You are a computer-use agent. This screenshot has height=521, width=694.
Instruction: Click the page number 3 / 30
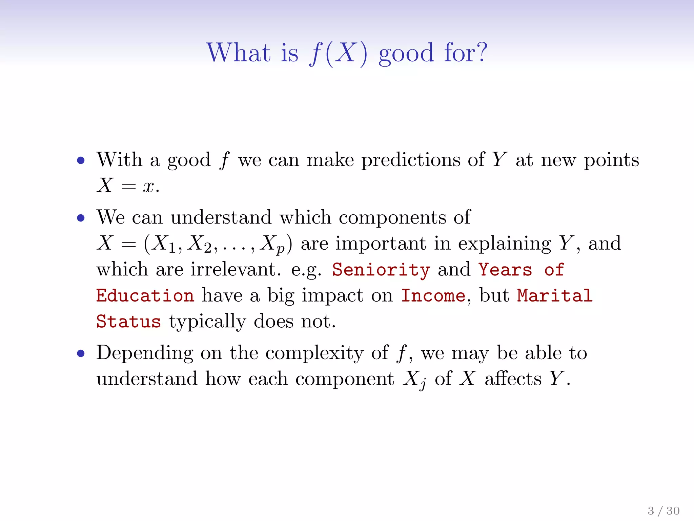[663, 510]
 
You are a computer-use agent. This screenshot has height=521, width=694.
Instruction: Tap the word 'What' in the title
[239, 53]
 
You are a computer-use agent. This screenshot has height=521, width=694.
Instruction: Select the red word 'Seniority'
[381, 270]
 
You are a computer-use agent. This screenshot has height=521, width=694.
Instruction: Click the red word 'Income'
[433, 296]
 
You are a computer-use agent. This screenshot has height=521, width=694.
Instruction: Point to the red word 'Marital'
[555, 296]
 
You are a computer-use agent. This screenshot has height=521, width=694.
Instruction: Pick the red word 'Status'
[128, 322]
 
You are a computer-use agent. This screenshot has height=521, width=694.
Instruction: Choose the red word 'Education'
[145, 296]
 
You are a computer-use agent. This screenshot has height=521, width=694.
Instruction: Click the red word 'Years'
[505, 270]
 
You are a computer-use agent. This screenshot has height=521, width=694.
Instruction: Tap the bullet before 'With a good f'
[81, 160]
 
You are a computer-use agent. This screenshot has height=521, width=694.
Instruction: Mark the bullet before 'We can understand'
[81, 218]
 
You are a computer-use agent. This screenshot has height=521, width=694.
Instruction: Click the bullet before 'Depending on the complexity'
[81, 354]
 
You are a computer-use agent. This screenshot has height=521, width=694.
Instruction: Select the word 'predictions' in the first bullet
[410, 160]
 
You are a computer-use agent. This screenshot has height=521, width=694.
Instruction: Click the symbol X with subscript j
[414, 380]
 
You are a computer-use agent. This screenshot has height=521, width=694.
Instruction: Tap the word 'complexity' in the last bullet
[314, 354]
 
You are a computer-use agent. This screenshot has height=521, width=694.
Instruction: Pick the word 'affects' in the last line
[513, 379]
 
